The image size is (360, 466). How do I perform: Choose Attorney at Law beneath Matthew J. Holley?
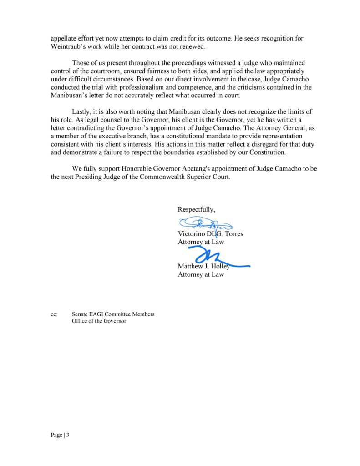pyautogui.click(x=201, y=274)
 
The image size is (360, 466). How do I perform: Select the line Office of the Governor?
pyautogui.click(x=99, y=321)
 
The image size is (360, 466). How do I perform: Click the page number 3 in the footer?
pyautogui.click(x=67, y=435)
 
